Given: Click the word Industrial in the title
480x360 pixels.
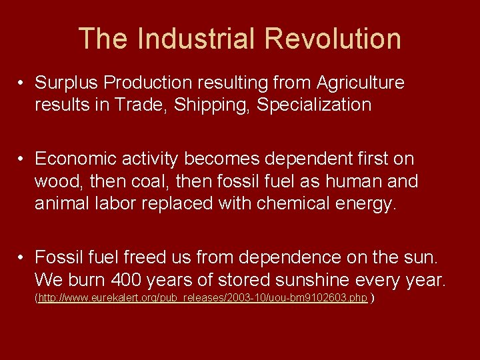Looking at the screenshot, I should click(x=194, y=39).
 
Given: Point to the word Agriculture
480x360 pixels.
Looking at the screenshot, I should click(x=361, y=83).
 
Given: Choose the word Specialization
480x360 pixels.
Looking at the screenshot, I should click(x=314, y=105).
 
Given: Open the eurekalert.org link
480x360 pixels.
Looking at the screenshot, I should click(x=203, y=298).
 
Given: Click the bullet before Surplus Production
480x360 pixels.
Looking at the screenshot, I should click(x=23, y=83).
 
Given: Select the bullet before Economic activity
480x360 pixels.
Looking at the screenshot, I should click(x=23, y=159).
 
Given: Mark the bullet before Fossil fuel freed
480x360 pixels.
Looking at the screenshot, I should click(x=23, y=257).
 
